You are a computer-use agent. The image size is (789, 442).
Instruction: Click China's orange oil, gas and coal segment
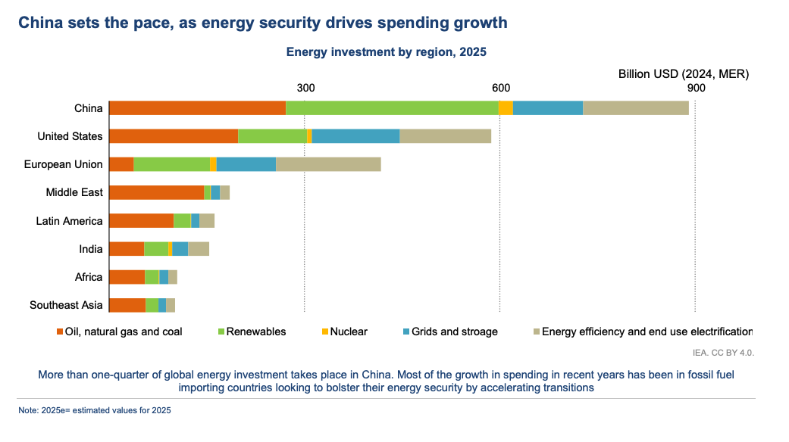click(198, 107)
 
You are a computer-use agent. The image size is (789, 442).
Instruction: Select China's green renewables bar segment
click(392, 107)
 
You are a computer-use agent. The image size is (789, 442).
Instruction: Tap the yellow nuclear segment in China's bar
click(506, 107)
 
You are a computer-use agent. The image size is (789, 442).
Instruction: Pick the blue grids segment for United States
click(355, 136)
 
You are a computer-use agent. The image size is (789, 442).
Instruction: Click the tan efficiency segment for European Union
click(328, 164)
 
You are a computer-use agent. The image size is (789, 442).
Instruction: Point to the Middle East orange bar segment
click(157, 192)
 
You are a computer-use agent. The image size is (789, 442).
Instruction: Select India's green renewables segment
click(156, 249)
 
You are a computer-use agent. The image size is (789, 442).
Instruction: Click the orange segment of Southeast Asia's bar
click(127, 305)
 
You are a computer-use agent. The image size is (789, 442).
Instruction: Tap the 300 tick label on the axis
click(305, 88)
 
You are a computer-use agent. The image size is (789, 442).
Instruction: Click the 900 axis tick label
click(696, 88)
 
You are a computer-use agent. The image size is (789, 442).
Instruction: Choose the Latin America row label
click(69, 221)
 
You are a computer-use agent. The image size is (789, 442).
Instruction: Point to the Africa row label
click(89, 277)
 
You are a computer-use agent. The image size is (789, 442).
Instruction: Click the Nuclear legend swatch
click(325, 331)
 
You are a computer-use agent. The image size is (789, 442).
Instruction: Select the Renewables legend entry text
click(256, 331)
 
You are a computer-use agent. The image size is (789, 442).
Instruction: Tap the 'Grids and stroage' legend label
click(455, 331)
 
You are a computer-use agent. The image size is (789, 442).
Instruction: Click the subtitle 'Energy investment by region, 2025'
click(386, 52)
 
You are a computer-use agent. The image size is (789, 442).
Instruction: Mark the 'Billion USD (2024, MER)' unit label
click(684, 73)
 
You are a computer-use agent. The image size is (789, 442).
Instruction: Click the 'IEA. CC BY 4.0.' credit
click(723, 353)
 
